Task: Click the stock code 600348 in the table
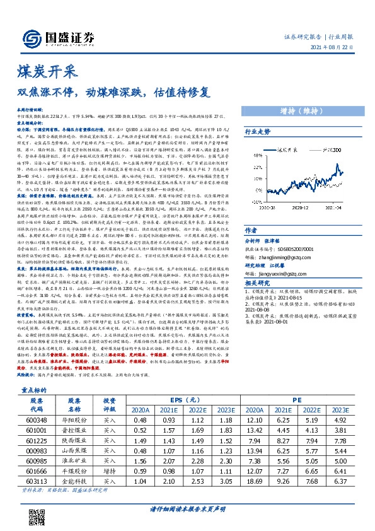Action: pos(35,421)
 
